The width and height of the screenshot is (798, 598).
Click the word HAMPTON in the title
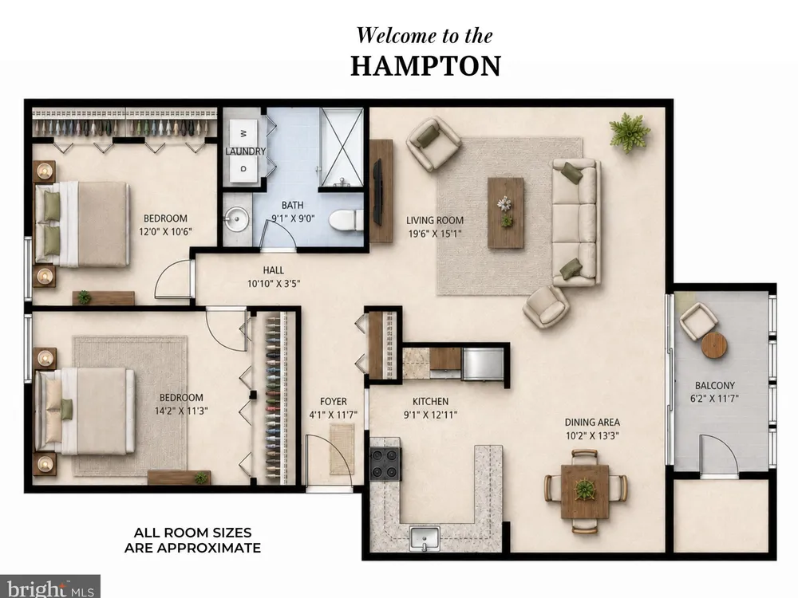(x=426, y=66)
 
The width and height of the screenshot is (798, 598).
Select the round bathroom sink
(x=236, y=219)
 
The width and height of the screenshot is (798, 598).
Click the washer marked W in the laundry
(x=243, y=134)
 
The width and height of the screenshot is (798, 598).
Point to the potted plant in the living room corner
(x=630, y=132)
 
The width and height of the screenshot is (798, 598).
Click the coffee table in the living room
(x=505, y=213)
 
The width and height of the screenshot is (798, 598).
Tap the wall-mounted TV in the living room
(x=377, y=191)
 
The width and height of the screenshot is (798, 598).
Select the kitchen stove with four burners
(x=385, y=464)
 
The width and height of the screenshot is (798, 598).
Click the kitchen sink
(x=425, y=538)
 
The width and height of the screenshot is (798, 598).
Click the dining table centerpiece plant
(x=584, y=490)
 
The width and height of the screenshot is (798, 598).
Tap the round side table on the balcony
(x=713, y=346)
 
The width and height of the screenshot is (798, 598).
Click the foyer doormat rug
(x=342, y=448)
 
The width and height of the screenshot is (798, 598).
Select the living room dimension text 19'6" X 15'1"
(x=435, y=234)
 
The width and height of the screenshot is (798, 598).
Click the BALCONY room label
(x=714, y=385)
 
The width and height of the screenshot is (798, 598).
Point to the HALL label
(x=273, y=270)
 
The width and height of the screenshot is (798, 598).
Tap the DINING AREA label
(x=592, y=422)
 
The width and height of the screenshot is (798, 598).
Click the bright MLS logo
(x=49, y=588)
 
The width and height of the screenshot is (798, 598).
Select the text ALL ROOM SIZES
(x=192, y=533)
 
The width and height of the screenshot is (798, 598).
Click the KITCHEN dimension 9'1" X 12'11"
(x=431, y=415)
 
